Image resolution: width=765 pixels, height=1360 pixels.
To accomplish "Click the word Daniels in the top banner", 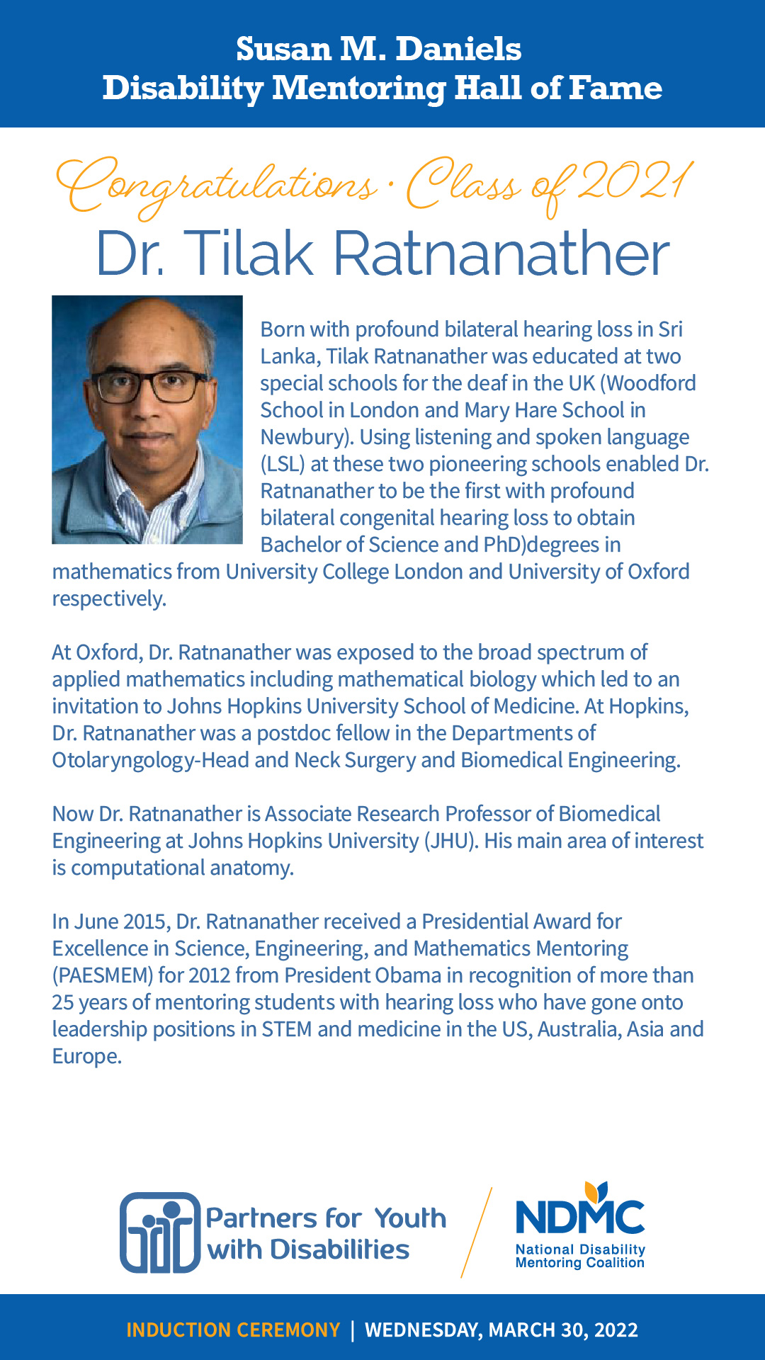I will click(x=458, y=50).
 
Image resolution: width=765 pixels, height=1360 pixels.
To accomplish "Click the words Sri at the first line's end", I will click(x=670, y=329).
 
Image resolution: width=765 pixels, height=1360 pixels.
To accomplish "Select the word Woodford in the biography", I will click(x=652, y=383).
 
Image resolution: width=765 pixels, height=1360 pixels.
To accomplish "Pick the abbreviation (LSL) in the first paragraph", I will click(x=283, y=464).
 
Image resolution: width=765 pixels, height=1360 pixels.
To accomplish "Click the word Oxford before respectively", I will click(x=658, y=572).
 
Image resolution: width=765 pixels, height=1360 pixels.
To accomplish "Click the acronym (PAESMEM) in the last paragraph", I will click(x=103, y=975).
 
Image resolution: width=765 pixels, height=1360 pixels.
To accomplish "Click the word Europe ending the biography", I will click(x=86, y=1056).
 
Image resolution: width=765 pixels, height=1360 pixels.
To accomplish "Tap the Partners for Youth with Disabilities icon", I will click(x=160, y=1233).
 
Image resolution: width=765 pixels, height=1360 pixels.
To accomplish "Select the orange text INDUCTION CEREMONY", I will click(x=233, y=1330).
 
